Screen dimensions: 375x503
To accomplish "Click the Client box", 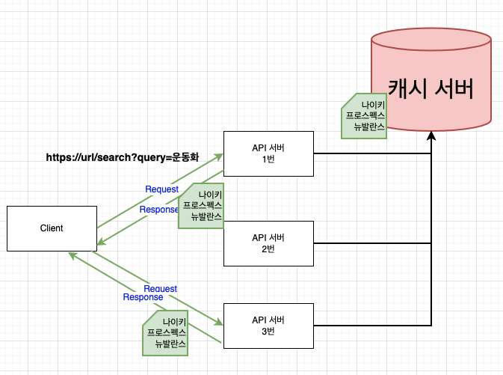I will point(52,228).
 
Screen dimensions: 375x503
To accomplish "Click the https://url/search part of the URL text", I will point(89,158).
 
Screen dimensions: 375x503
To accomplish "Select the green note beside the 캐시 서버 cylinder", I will point(363,117).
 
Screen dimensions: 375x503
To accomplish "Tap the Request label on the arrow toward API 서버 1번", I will point(161,189).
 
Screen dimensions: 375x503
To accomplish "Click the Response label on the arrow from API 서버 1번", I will point(159,209).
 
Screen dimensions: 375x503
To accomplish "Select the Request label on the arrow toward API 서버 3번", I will point(160,288).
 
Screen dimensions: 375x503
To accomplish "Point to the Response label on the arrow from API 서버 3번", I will point(143,297).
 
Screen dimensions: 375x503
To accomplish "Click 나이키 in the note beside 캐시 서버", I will point(373,105).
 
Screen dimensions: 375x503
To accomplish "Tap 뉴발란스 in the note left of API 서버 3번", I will point(171,344).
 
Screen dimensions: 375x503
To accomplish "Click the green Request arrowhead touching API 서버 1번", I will point(219,156).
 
